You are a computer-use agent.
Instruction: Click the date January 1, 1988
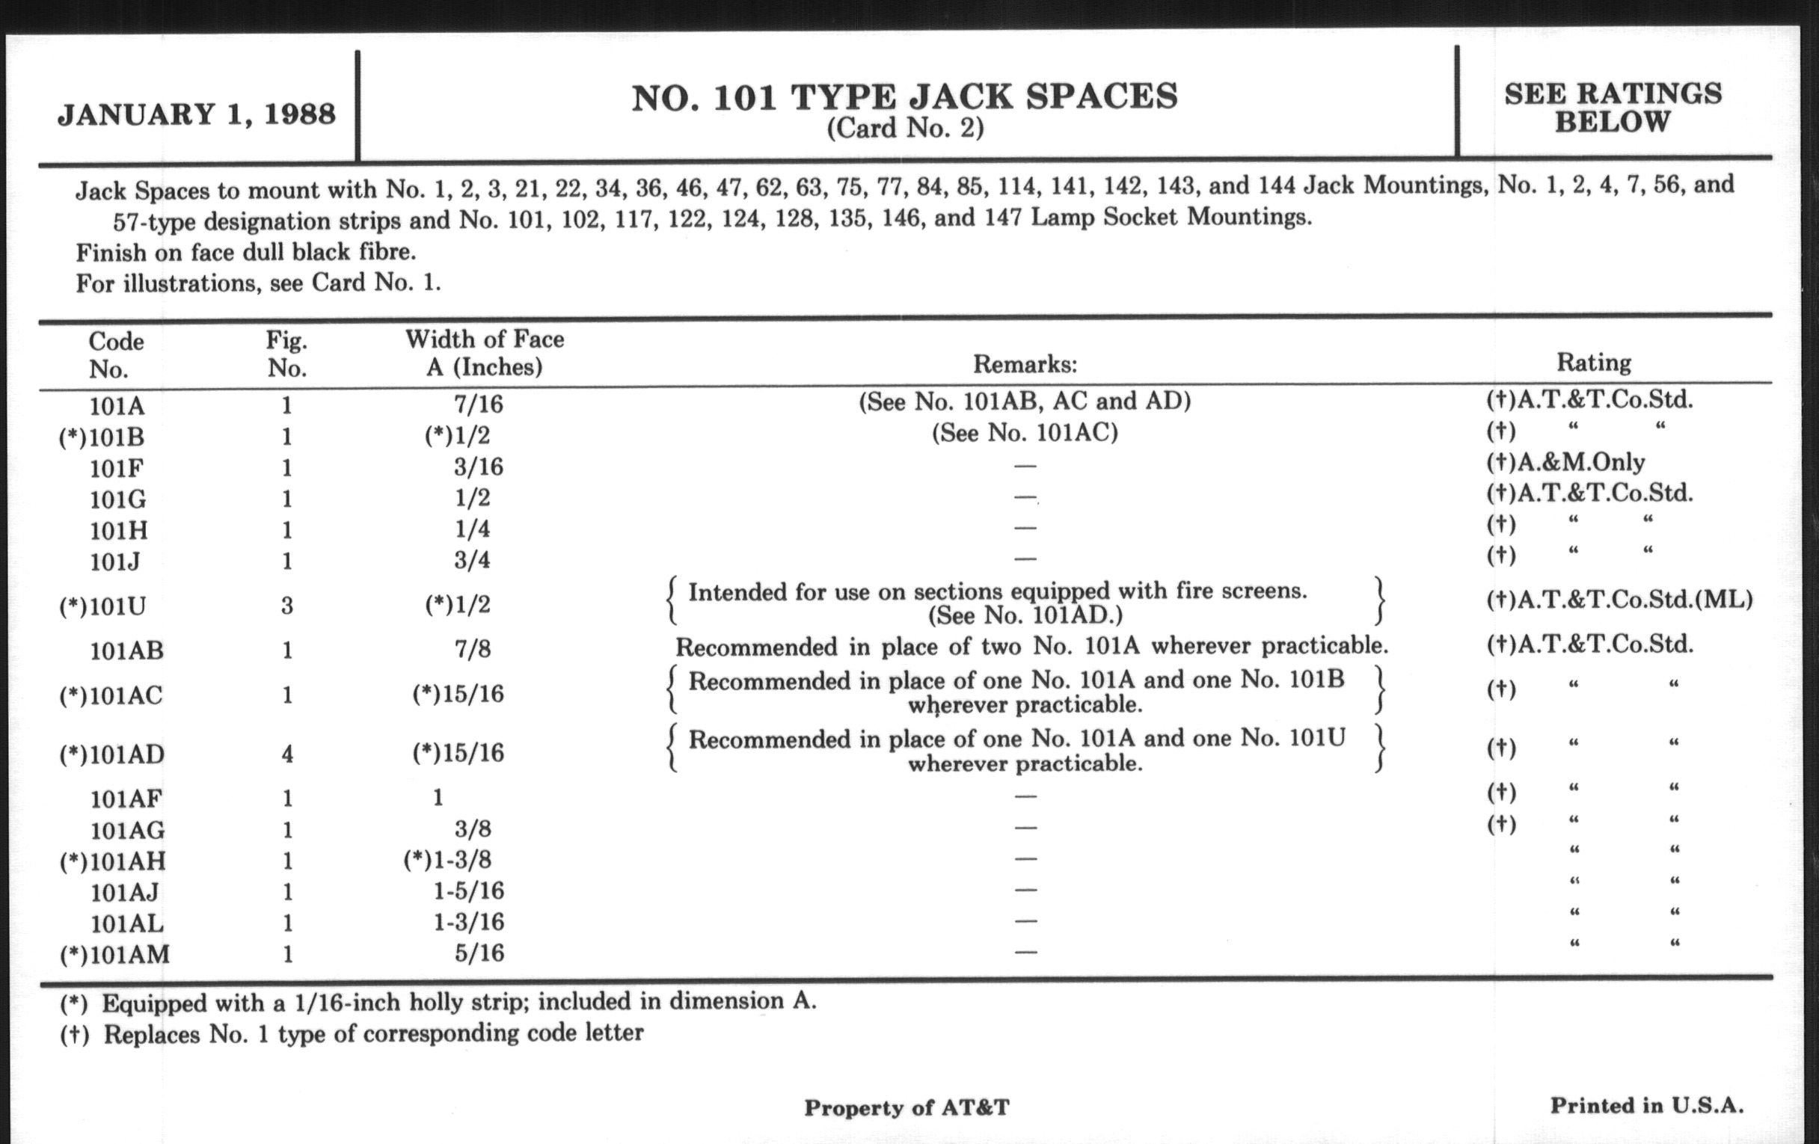[197, 115]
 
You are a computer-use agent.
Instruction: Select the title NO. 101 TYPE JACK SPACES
[904, 97]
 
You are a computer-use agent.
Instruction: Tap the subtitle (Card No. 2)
[905, 129]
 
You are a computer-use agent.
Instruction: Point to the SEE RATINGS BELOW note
[1613, 107]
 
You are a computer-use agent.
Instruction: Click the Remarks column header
[1025, 365]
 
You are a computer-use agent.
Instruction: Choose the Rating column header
[1593, 363]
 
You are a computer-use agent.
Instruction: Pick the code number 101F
[117, 468]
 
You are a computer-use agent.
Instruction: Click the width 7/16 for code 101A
[478, 404]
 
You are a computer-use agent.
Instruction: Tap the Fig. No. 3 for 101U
[287, 606]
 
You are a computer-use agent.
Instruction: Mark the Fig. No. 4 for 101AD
[287, 754]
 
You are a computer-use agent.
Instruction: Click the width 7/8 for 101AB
[473, 649]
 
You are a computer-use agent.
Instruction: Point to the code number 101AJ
[125, 893]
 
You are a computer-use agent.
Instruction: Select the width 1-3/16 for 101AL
[468, 922]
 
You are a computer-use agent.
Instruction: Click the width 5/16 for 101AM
[479, 953]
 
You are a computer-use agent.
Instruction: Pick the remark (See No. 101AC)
[1025, 433]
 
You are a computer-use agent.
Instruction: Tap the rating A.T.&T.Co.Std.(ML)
[1619, 600]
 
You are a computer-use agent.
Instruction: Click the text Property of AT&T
[907, 1108]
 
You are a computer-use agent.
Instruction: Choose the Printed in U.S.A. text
[1647, 1105]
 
